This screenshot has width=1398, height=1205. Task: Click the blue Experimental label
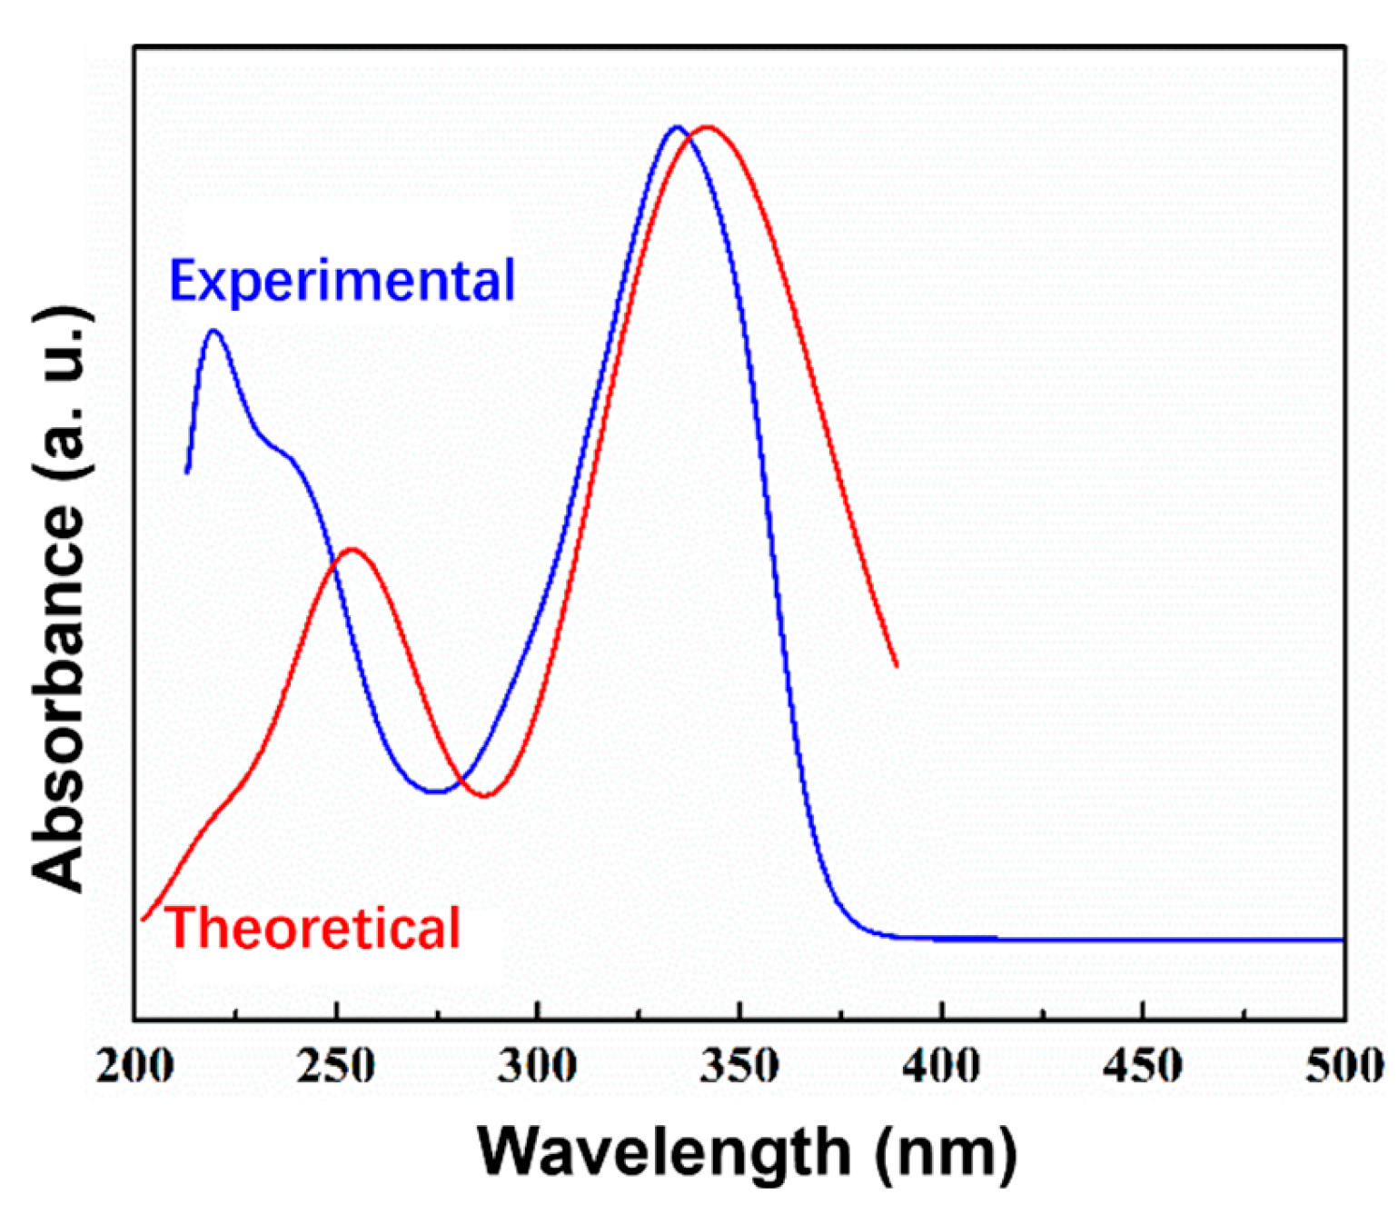coord(342,280)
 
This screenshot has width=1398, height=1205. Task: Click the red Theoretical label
coord(314,929)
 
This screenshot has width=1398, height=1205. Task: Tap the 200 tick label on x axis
coord(135,1065)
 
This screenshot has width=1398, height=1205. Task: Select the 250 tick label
coord(336,1065)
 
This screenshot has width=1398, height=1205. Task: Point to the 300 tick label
coord(538,1065)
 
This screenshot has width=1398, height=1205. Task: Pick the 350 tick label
coord(740,1065)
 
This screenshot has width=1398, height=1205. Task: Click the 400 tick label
coord(942,1065)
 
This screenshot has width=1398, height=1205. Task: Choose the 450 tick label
coord(1143,1065)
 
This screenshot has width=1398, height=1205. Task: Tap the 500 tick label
coord(1344,1065)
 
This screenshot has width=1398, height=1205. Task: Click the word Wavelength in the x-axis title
coord(663,1151)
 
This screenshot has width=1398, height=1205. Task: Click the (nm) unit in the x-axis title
coord(946,1151)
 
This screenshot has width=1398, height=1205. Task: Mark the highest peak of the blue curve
coord(676,126)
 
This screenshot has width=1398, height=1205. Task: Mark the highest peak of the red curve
coord(707,126)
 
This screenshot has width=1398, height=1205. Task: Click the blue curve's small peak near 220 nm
coord(214,331)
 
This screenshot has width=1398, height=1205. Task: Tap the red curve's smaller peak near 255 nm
coord(352,549)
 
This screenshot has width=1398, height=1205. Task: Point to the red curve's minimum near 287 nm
coord(486,796)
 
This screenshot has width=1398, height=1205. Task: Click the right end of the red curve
coord(897,666)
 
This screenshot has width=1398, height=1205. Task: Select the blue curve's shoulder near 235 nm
coord(277,449)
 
